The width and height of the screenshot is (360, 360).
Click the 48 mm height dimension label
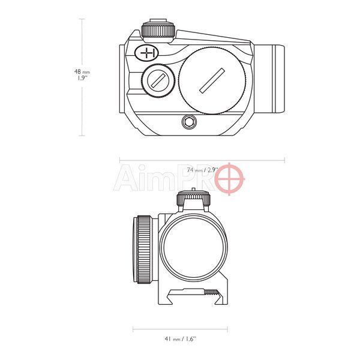tap(82, 74)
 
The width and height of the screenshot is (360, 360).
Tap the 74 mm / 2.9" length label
tap(202, 170)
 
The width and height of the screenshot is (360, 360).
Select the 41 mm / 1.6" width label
tap(181, 338)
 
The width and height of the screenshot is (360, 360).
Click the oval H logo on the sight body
tap(146, 53)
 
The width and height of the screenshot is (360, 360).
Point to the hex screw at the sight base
tap(189, 122)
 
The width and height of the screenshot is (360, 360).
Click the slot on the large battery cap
tap(212, 80)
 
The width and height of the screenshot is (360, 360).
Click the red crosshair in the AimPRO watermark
tap(229, 179)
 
